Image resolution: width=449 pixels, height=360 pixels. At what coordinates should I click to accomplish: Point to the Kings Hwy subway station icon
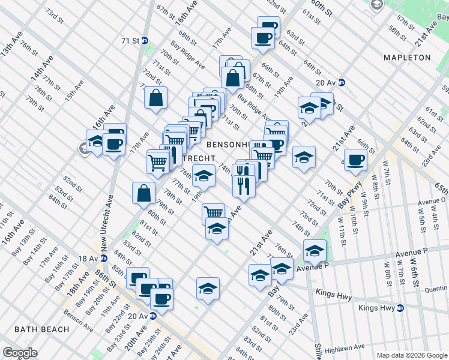[x=400, y=308]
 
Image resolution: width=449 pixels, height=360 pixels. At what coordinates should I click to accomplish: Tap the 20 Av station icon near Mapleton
[x=342, y=83]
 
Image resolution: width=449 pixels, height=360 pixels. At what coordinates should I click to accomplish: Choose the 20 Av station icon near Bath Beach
[x=152, y=316]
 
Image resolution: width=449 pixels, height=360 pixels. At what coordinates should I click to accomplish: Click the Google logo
[x=20, y=353]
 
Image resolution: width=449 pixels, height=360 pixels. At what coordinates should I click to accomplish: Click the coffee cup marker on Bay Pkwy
[x=355, y=159]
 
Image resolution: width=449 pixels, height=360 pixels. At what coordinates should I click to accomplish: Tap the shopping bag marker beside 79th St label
[x=143, y=193]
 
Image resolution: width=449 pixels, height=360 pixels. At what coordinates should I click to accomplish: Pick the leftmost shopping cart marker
[x=157, y=161]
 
